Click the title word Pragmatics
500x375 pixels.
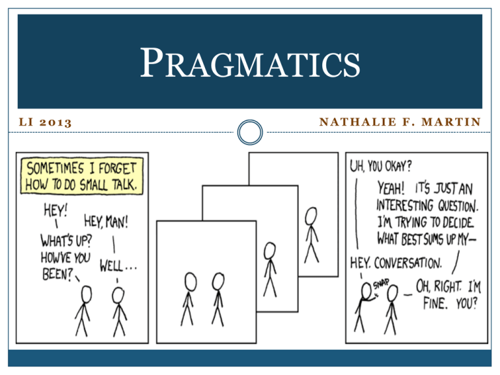pos(250,62)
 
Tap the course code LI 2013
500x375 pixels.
pos(46,122)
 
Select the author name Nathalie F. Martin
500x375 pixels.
pos(400,122)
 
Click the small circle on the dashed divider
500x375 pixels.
pos(250,132)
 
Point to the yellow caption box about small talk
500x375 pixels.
pos(82,176)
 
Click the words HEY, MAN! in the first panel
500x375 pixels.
pos(106,221)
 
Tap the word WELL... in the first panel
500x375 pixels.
pos(118,266)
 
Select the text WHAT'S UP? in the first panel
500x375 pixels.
pos(66,240)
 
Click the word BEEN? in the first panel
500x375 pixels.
pos(58,274)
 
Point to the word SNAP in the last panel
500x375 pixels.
pos(381,283)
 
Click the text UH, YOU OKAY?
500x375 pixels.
pos(381,166)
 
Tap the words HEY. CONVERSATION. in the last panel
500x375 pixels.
pos(396,263)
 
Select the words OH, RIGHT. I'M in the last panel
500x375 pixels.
pos(449,286)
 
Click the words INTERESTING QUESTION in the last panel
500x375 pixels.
pos(427,205)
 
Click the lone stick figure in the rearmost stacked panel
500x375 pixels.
pos(311,235)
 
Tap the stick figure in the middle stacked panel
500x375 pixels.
pos(270,270)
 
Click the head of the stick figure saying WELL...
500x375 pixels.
pos(118,296)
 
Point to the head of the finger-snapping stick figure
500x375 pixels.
pos(367,290)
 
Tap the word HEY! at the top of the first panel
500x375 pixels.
pos(55,210)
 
